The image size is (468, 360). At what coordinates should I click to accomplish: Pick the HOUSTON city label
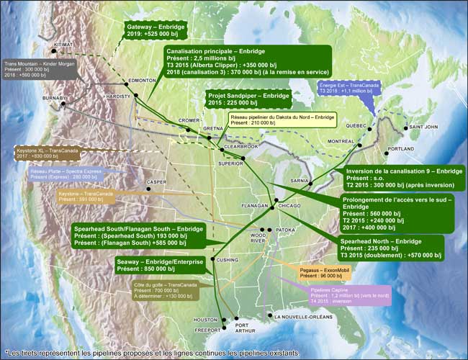point(205,320)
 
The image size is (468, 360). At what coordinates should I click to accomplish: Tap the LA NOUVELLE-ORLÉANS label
point(302,317)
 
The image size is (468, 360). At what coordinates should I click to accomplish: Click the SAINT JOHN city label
point(423,127)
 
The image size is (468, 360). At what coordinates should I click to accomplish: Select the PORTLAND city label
point(400,149)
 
